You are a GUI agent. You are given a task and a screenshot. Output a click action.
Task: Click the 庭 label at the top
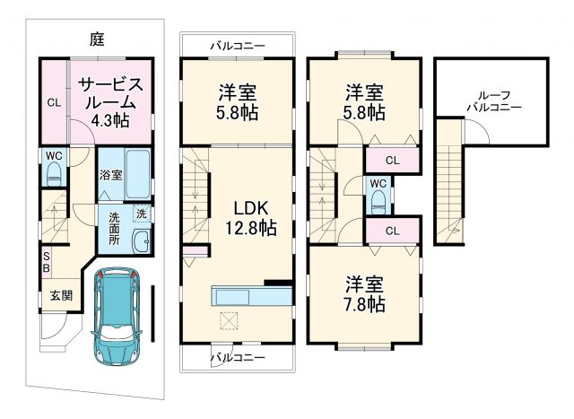[x=97, y=39]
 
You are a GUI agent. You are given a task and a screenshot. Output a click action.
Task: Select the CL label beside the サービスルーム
[x=53, y=102]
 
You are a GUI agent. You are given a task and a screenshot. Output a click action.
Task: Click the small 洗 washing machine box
[x=142, y=213]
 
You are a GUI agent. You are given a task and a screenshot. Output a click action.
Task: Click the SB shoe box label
[x=46, y=261]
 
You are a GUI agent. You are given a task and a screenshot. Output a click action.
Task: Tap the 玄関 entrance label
[x=60, y=295]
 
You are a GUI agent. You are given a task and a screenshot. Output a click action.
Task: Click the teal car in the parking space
[x=117, y=313]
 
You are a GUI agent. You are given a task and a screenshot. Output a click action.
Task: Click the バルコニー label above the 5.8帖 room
[x=237, y=43]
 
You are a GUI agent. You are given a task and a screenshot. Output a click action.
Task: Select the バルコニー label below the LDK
[x=237, y=357]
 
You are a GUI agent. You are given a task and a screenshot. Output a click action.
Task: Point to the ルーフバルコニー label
[x=492, y=99]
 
